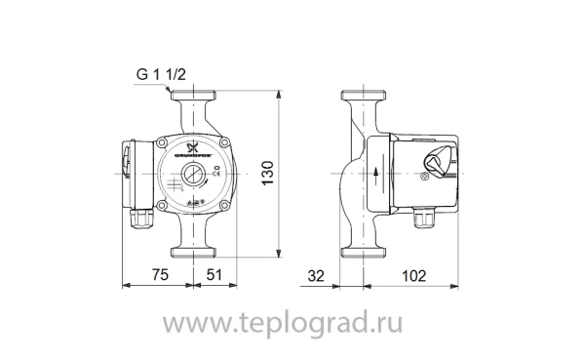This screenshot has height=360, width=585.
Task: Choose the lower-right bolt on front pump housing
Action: coord(224,206)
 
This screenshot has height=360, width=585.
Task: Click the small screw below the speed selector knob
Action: coord(424,180)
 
